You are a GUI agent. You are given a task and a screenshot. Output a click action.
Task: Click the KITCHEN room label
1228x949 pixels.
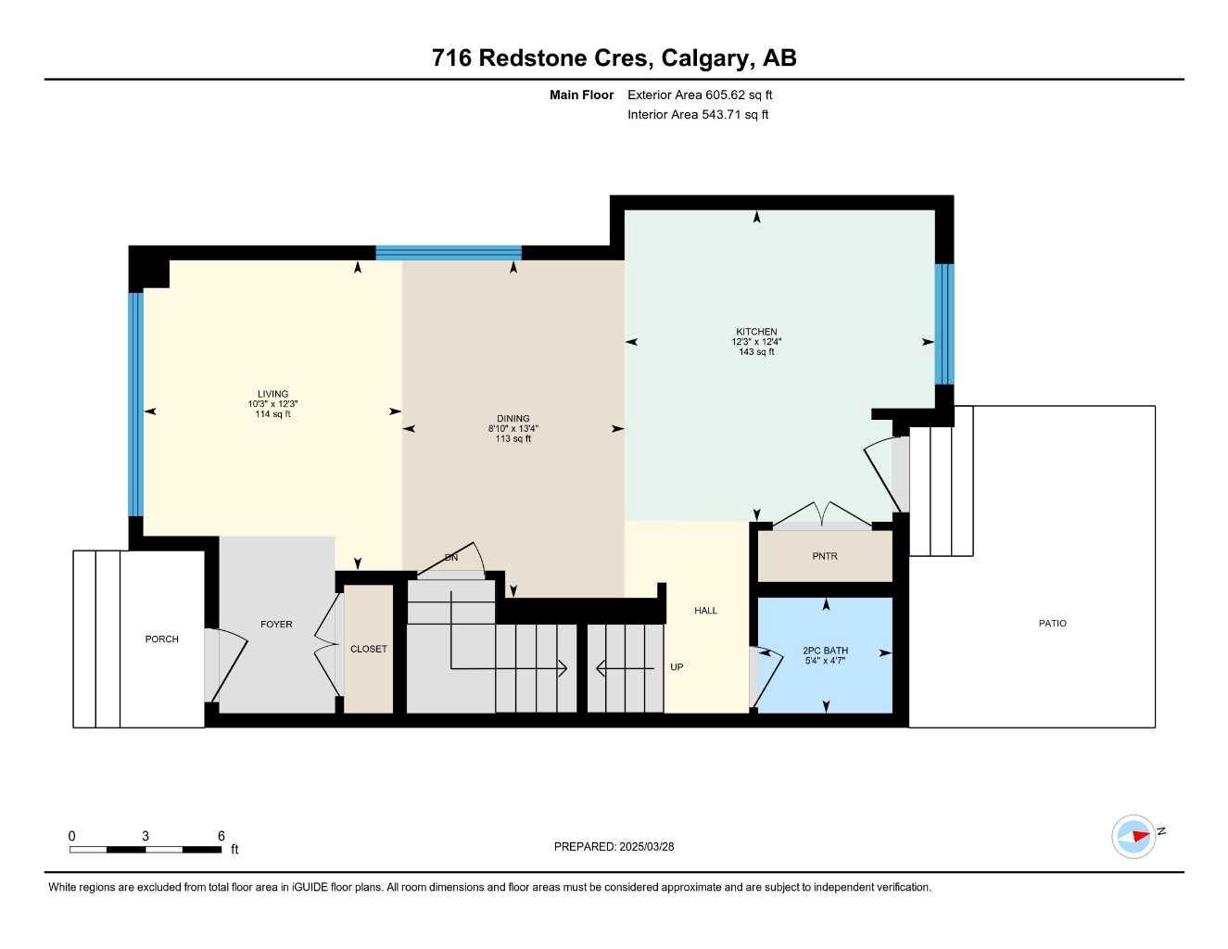756,332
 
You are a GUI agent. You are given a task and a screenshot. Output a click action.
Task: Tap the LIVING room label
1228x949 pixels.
272,394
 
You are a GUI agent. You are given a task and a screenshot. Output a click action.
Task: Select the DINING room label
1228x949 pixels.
513,419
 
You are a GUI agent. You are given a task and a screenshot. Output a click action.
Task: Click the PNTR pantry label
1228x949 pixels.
824,556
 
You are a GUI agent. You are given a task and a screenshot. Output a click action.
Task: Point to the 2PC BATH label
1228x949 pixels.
825,651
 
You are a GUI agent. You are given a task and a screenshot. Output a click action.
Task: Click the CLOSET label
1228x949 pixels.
368,649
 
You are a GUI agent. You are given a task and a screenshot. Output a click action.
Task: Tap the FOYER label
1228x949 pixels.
276,625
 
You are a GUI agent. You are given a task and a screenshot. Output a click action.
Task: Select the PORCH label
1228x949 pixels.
161,639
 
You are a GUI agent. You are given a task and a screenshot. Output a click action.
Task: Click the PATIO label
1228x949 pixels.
1052,624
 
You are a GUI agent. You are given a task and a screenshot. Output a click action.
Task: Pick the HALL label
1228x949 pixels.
705,611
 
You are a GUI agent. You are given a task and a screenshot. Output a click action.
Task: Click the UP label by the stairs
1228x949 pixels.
677,667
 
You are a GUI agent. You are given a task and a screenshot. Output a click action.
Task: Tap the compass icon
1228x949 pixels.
1133,837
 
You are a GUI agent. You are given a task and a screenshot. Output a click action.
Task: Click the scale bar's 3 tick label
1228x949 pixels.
146,836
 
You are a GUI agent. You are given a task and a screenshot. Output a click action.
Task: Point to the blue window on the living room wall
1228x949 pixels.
135,403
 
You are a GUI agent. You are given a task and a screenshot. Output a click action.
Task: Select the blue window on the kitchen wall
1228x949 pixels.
943,323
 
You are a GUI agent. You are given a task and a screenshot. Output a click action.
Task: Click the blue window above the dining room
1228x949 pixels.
449,252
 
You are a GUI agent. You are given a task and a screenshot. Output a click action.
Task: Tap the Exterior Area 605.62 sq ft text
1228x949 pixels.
700,95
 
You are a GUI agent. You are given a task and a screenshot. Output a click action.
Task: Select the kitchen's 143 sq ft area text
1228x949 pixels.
756,352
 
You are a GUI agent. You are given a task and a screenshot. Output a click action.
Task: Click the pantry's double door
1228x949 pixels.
821,517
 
